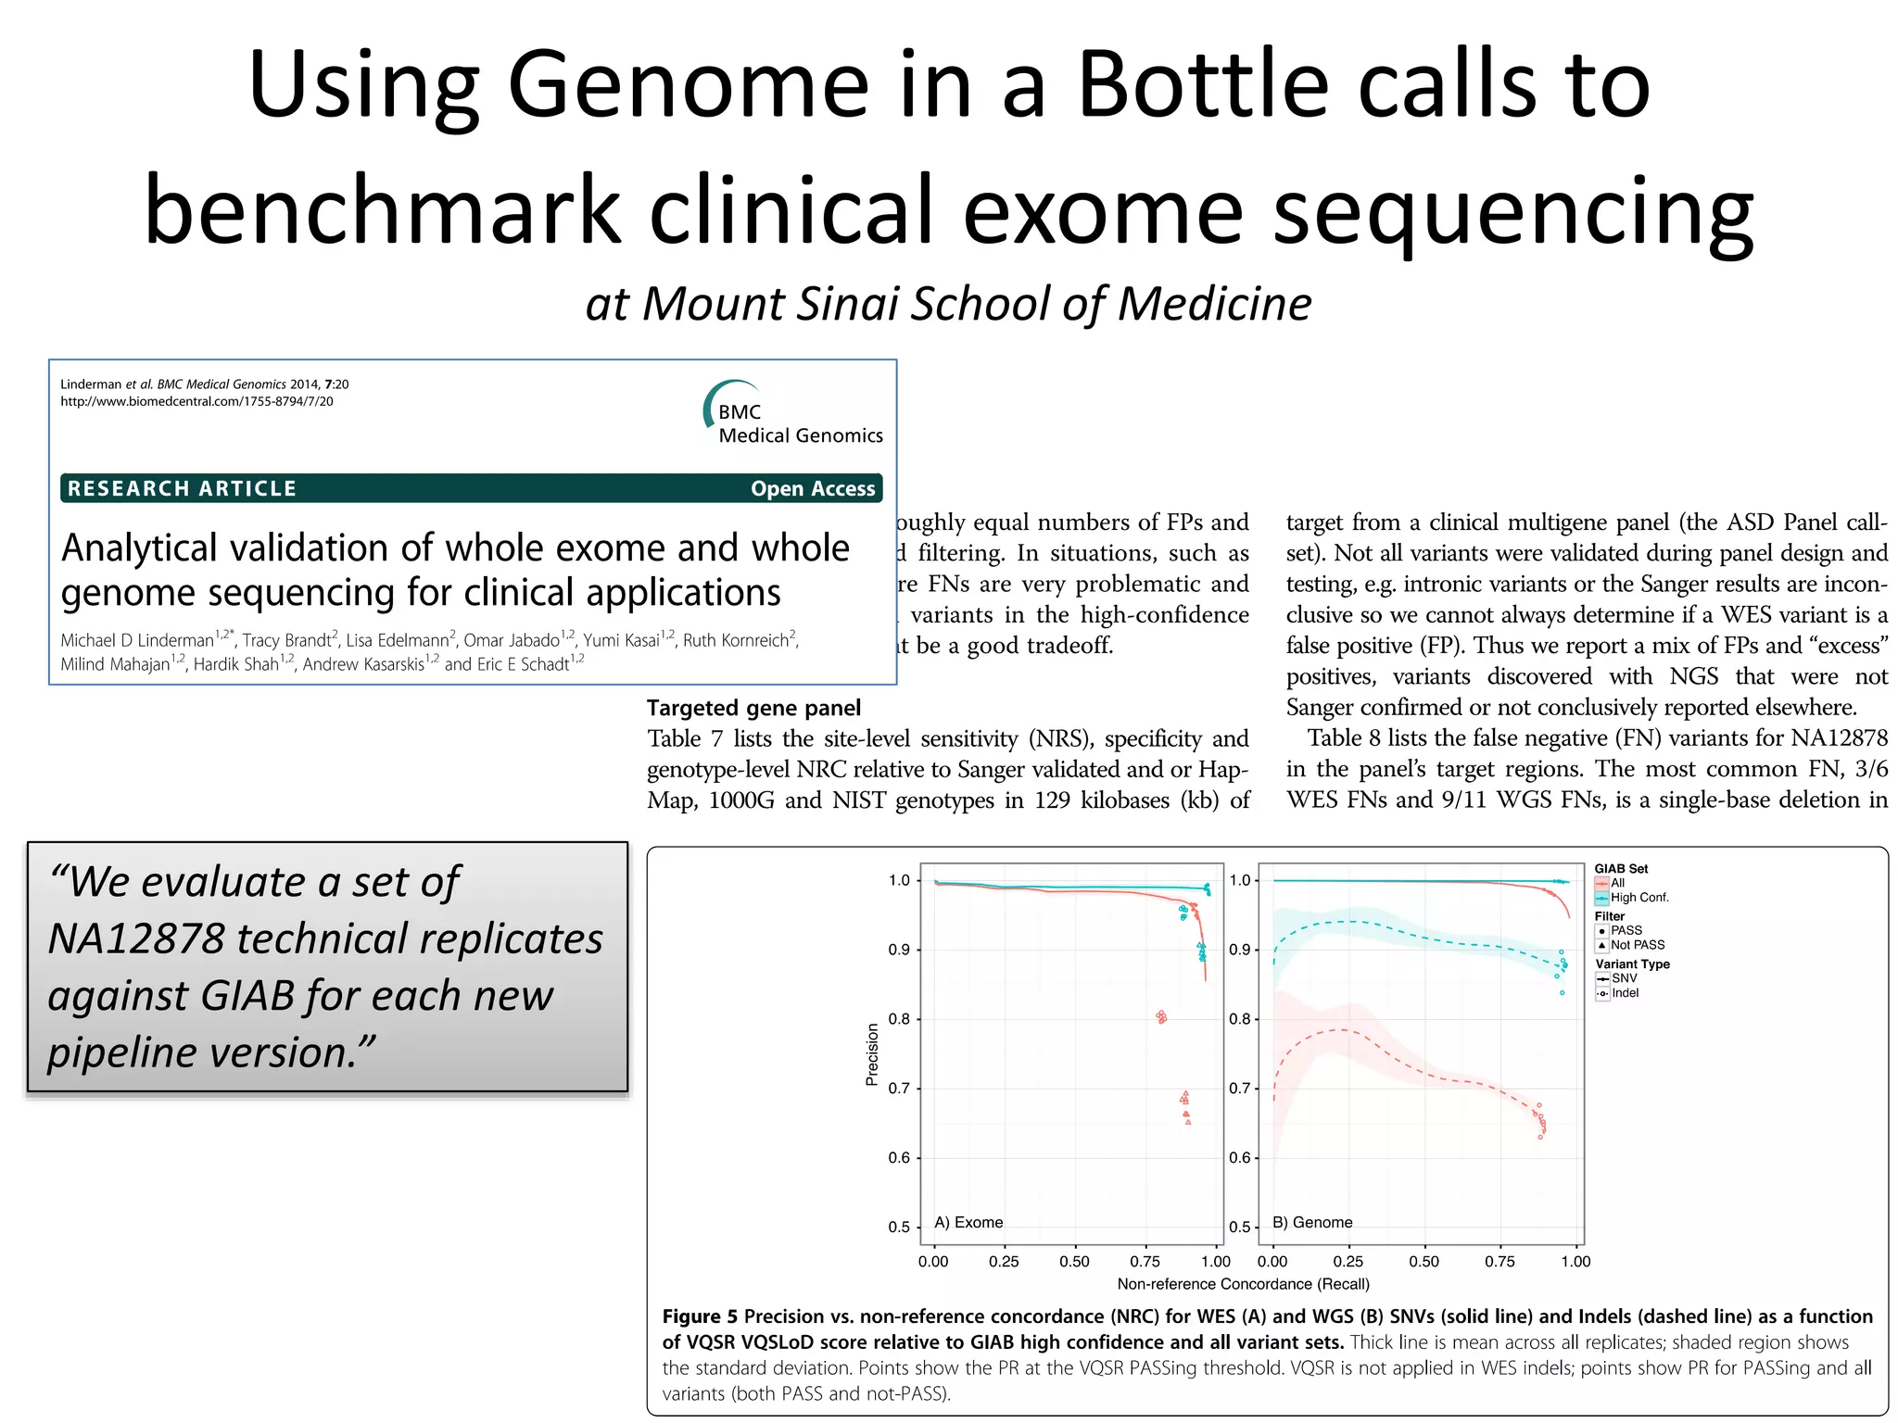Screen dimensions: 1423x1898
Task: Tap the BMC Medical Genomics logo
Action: click(793, 415)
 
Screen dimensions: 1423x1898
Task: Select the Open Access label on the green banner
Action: click(812, 488)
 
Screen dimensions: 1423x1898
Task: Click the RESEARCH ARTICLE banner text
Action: click(182, 488)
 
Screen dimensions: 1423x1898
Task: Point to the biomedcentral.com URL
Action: click(196, 401)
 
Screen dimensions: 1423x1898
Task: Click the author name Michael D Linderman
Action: click(137, 640)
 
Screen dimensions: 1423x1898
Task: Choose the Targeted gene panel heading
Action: click(753, 708)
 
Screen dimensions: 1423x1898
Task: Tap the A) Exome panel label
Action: click(968, 1222)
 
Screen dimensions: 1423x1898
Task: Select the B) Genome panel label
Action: click(1312, 1222)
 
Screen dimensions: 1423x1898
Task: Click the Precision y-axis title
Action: click(872, 1053)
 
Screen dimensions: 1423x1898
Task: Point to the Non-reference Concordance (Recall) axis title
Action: click(1243, 1284)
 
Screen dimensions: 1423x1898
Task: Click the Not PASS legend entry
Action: click(1637, 945)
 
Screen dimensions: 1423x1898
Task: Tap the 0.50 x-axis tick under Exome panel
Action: click(1074, 1261)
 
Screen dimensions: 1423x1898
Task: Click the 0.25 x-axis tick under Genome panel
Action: click(1348, 1261)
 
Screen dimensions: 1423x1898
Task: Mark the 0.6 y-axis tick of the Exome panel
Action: click(899, 1157)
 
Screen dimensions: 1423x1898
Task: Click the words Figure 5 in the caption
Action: click(700, 1316)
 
